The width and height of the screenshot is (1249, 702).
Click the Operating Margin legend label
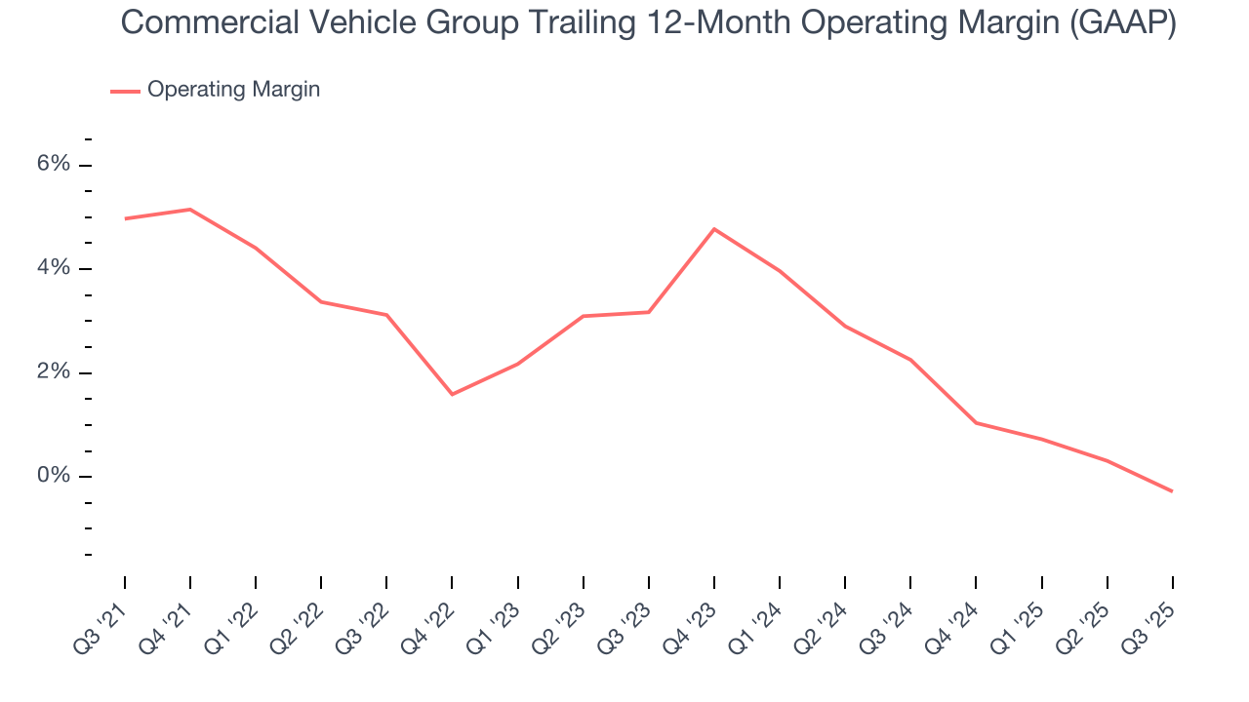tap(233, 90)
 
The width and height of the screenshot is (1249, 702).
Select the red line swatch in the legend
tap(125, 91)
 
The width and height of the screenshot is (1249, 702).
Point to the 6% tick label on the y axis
tap(54, 164)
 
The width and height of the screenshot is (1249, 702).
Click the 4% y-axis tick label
tap(54, 268)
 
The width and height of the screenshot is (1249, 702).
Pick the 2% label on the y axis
tap(54, 372)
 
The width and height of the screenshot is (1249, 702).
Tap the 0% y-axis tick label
tap(54, 476)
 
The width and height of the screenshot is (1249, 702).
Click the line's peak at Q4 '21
tap(190, 210)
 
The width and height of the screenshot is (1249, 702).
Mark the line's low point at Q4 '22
tap(452, 394)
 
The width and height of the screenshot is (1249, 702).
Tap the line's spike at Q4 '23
tap(714, 229)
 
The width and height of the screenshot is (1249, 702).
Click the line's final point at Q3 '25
tap(1172, 491)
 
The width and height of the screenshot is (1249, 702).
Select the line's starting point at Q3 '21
tap(125, 218)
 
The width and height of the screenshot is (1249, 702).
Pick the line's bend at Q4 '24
tap(976, 422)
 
